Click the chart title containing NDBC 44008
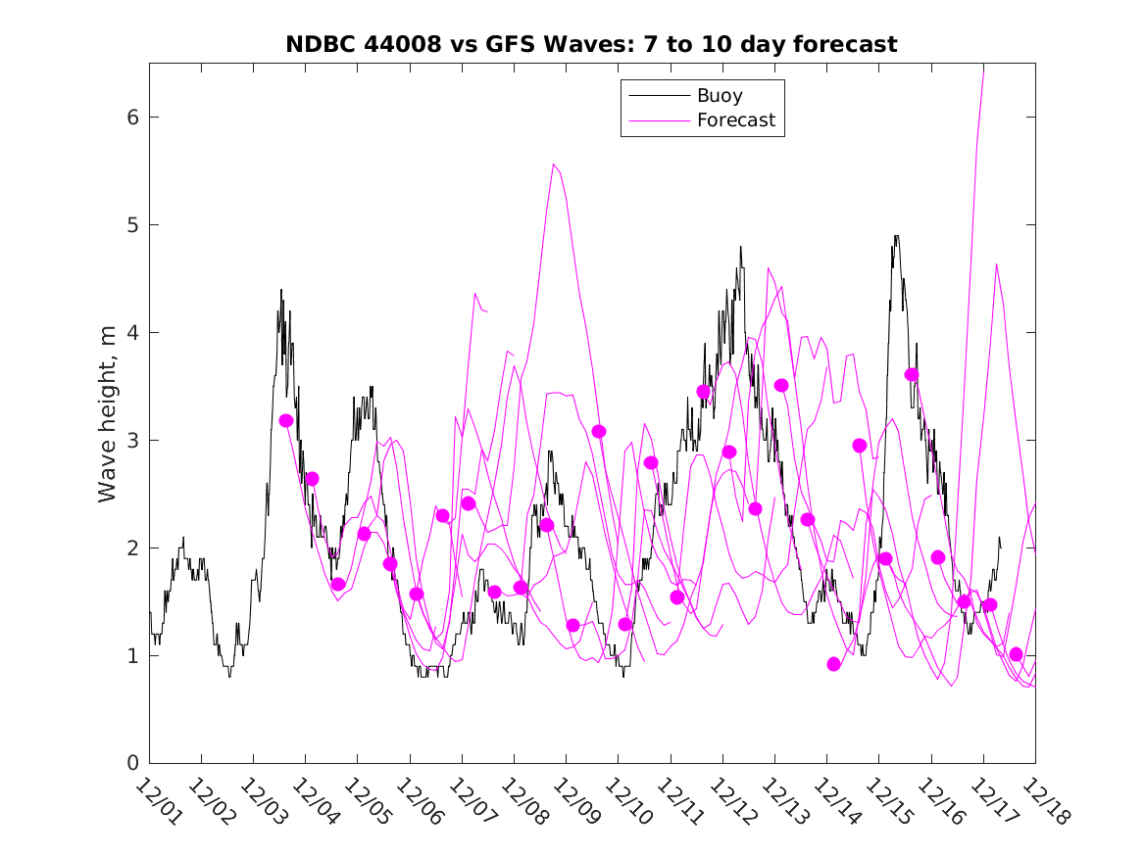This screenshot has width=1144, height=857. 591,44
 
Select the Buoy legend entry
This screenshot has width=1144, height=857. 720,96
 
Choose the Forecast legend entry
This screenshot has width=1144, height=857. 735,120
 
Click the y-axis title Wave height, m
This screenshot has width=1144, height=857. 107,414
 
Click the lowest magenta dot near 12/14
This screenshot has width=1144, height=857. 834,664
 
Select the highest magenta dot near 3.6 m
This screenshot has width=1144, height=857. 912,375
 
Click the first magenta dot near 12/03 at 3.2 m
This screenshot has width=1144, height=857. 286,420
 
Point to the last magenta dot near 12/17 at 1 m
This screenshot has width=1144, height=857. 1016,654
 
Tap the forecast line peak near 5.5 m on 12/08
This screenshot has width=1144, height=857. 554,165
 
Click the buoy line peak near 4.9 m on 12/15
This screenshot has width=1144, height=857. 896,236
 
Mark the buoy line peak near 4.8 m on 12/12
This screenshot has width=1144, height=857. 741,247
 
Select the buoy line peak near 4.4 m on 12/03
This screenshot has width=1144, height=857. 281,290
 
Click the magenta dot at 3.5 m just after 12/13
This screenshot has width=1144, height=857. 781,385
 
